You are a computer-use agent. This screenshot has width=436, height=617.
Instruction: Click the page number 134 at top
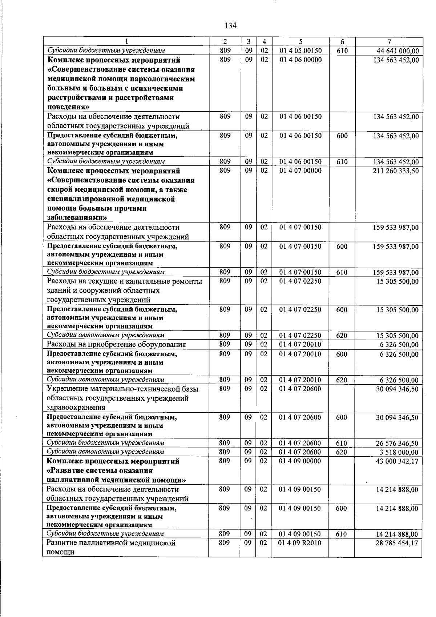230,26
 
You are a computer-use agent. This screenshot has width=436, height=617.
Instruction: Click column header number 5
300,41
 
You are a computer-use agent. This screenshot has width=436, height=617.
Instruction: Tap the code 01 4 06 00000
300,60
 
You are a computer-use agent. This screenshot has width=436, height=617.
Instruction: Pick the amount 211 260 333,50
396,171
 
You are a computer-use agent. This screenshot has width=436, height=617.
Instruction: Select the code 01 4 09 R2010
300,543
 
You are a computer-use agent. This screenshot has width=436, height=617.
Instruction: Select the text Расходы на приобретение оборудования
116,344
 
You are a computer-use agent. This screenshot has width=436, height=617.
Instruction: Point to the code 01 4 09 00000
300,461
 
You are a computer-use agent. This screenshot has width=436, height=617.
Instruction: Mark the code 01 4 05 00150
300,51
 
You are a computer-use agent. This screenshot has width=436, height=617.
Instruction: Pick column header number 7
389,41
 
